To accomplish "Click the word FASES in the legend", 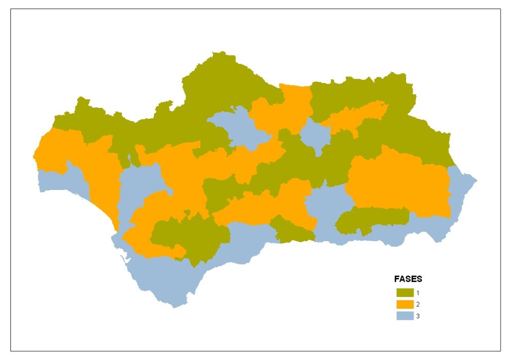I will point(408,279).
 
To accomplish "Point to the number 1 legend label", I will point(418,292).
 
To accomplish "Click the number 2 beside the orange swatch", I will point(418,304).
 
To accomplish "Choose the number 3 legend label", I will point(418,316).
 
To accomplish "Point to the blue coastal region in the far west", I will point(60,181).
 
